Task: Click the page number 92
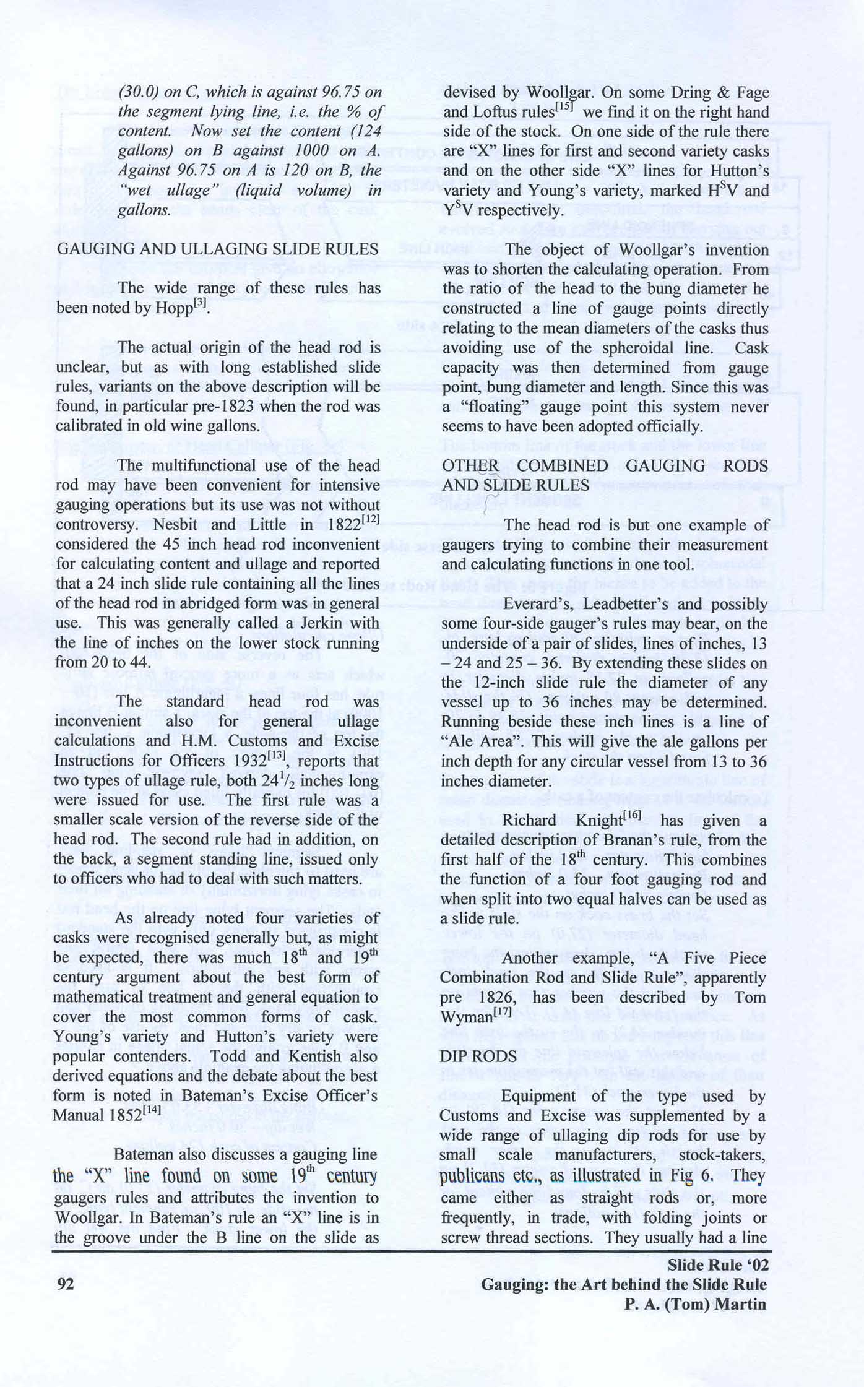click(65, 1284)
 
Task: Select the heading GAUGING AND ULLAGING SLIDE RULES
click(217, 249)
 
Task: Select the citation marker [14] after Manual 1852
click(152, 1109)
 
